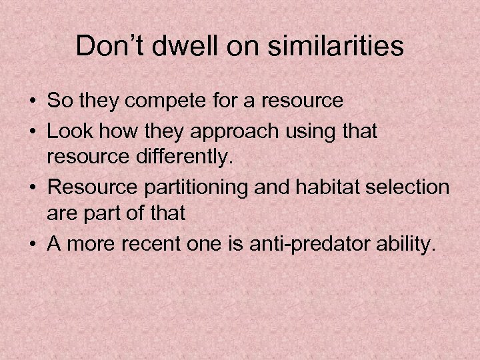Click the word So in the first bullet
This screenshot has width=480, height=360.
pyautogui.click(x=58, y=101)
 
